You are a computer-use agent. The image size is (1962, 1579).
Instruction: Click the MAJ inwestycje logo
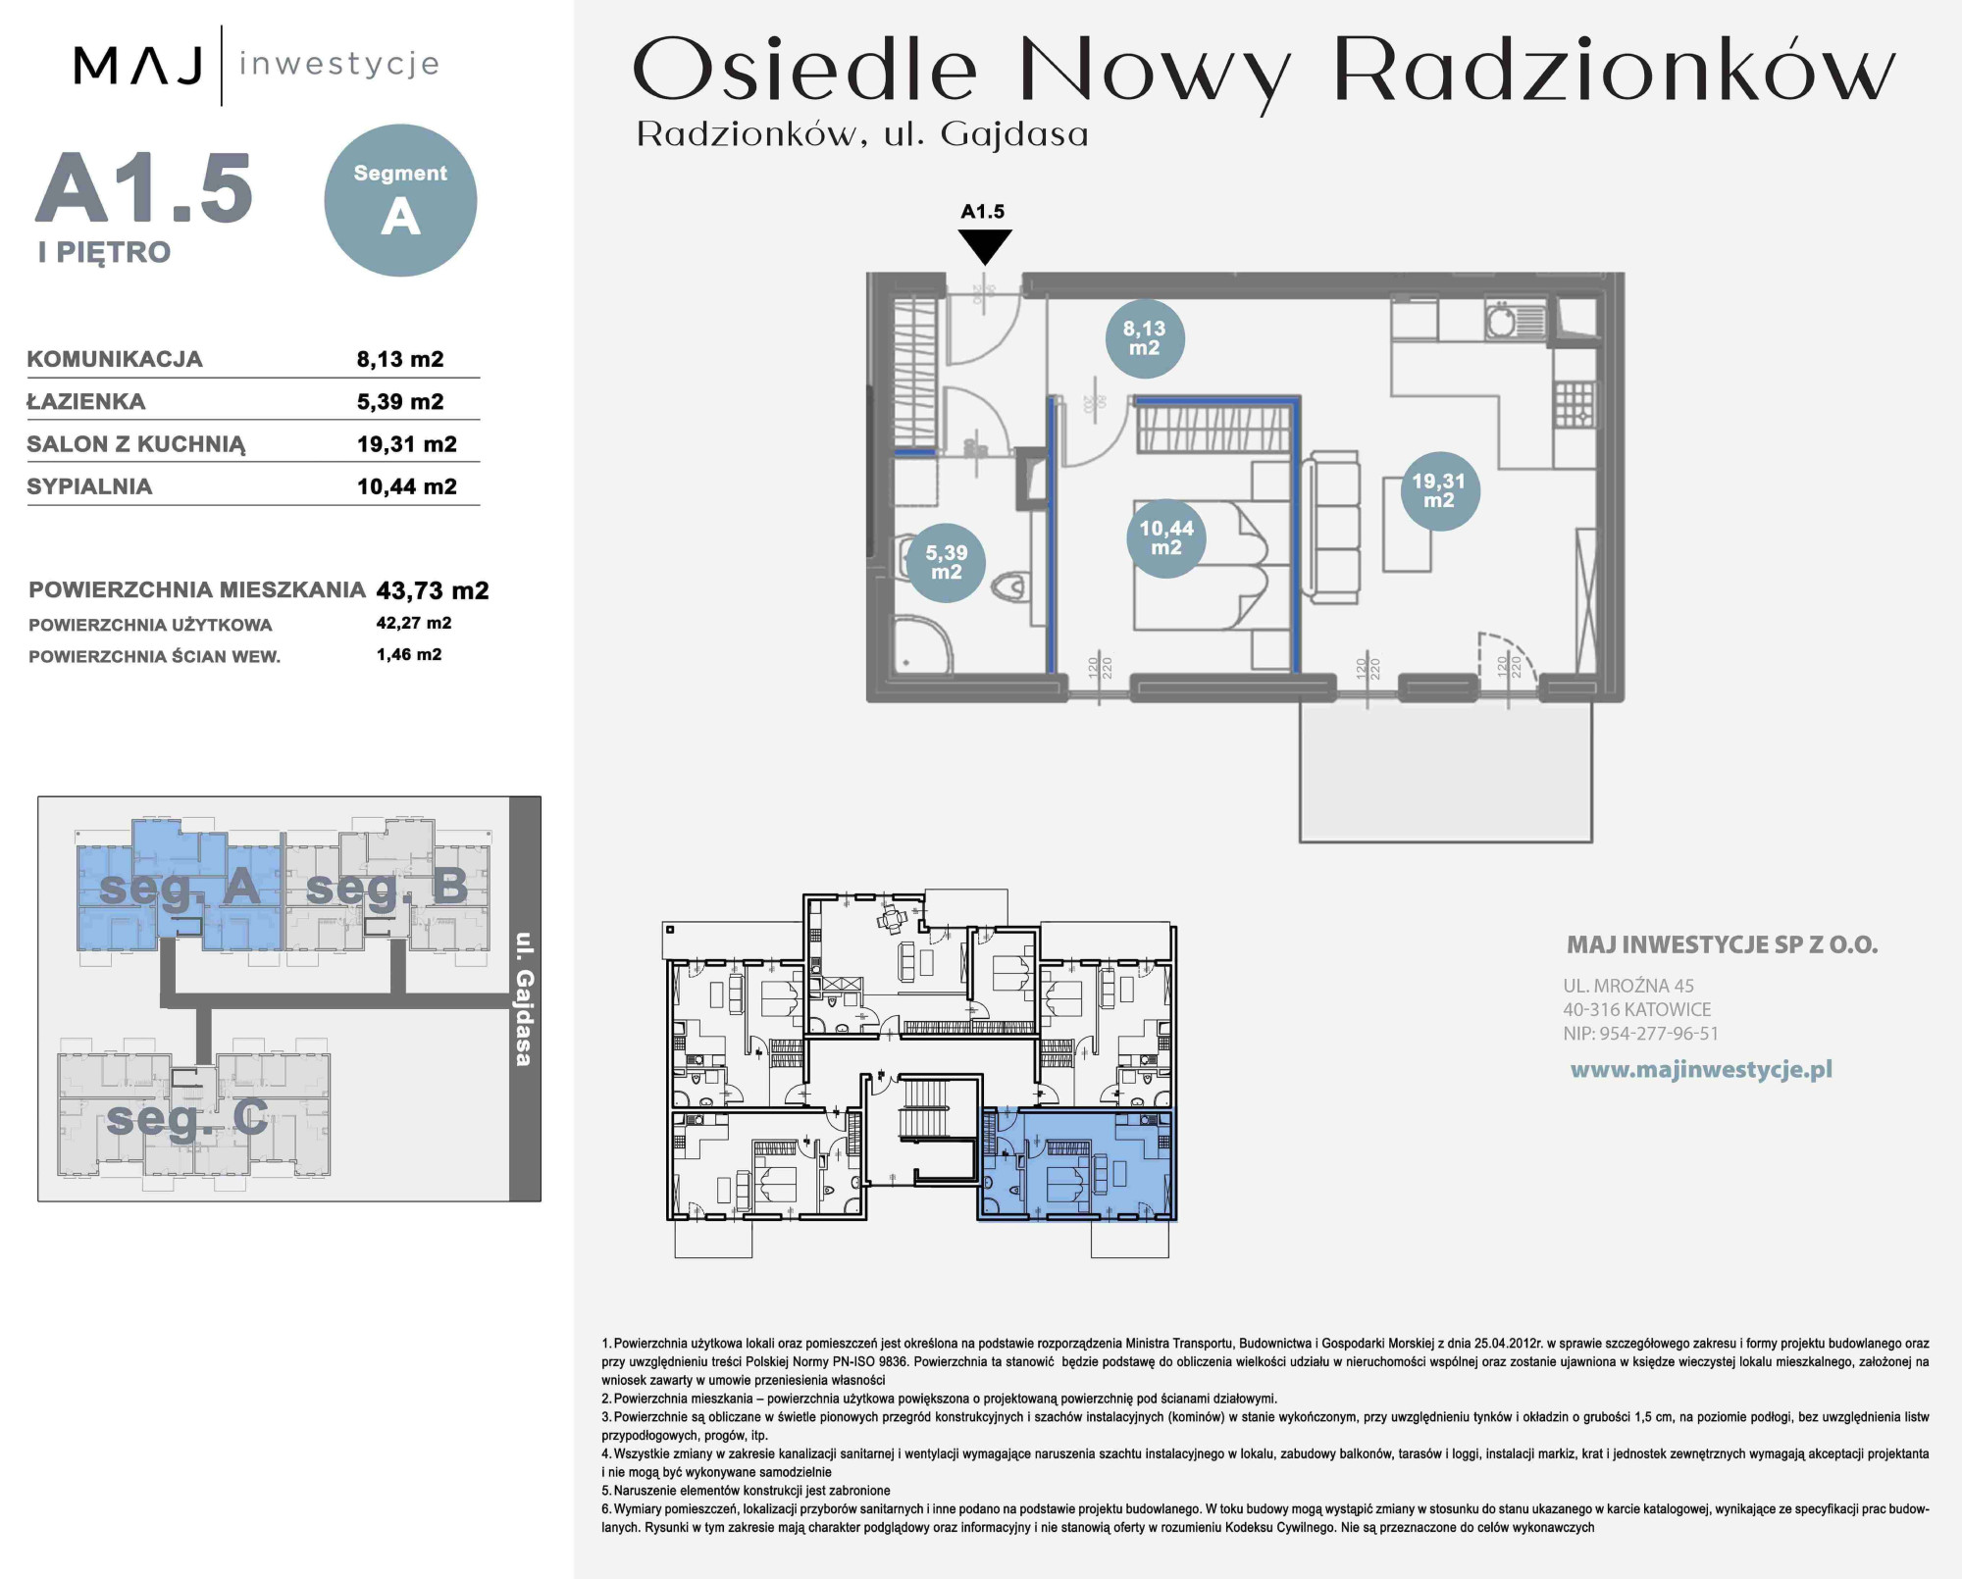(256, 65)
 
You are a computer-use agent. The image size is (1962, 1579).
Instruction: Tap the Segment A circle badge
(400, 200)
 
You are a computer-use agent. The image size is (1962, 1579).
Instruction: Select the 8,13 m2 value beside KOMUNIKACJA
(400, 359)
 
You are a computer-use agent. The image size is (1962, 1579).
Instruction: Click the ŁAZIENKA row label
(86, 401)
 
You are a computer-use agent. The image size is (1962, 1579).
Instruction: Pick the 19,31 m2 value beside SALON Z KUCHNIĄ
(407, 444)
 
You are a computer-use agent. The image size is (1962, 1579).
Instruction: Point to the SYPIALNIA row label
(89, 486)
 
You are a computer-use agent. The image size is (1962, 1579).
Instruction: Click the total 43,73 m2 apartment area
(433, 590)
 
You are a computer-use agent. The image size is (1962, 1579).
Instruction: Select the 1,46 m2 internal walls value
(409, 654)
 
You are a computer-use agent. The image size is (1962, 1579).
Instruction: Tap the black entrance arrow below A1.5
(984, 245)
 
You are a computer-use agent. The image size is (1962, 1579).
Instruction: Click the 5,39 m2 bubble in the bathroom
(946, 562)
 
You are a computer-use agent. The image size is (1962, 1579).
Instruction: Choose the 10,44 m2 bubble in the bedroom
(1165, 537)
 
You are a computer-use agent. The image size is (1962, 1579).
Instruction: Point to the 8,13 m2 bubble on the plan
(1144, 338)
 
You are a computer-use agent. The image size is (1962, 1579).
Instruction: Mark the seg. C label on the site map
(187, 1117)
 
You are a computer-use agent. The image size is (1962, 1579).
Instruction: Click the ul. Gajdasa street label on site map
(525, 998)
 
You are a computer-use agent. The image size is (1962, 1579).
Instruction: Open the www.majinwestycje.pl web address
(1701, 1070)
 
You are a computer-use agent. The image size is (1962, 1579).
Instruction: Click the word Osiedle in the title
(805, 70)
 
